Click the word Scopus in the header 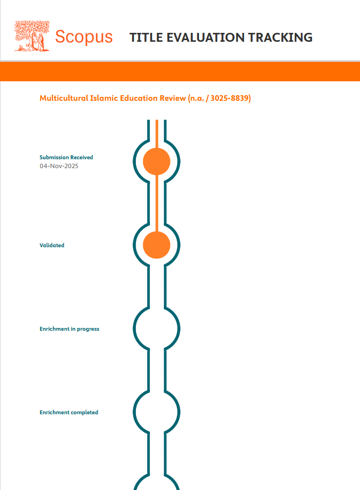pos(84,37)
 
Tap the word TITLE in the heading pos(144,38)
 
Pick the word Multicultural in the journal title pos(64,99)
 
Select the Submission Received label pos(66,158)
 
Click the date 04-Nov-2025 pos(59,166)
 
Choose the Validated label pos(52,245)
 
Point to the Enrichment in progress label pos(69,329)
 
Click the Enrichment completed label pos(69,413)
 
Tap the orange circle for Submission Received pos(157,161)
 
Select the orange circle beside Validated pos(157,245)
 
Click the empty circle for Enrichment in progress pos(157,329)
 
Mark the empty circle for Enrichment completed pos(157,412)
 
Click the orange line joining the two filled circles pos(157,203)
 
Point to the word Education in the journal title pos(138,99)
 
